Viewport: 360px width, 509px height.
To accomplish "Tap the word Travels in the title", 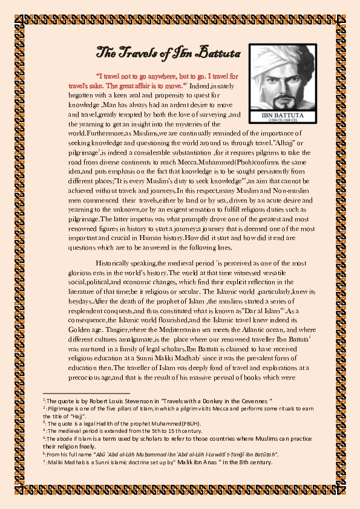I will click(x=138, y=53).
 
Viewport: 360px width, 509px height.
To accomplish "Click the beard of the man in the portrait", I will click(x=281, y=99).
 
